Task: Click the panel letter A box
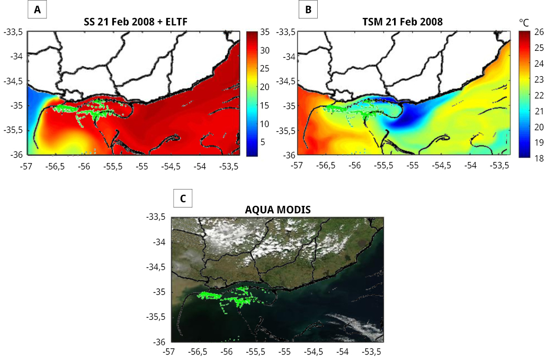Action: tap(37, 10)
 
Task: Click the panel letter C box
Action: tap(183, 199)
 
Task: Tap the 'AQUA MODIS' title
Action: tap(278, 210)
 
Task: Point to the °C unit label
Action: tap(524, 23)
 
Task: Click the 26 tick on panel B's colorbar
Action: tap(538, 32)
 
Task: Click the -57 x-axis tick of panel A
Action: tap(26, 165)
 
